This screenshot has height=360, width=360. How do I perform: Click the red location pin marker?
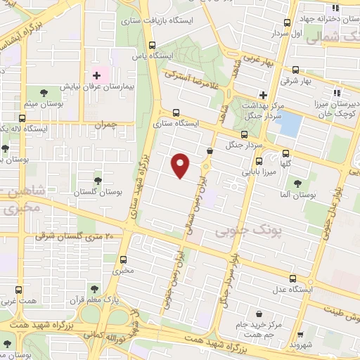(181, 166)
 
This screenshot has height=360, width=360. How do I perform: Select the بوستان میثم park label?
(43, 105)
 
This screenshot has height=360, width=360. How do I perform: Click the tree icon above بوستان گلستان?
(98, 181)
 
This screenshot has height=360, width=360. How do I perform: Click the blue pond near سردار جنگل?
(289, 124)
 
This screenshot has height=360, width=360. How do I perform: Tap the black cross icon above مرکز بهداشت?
(263, 94)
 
